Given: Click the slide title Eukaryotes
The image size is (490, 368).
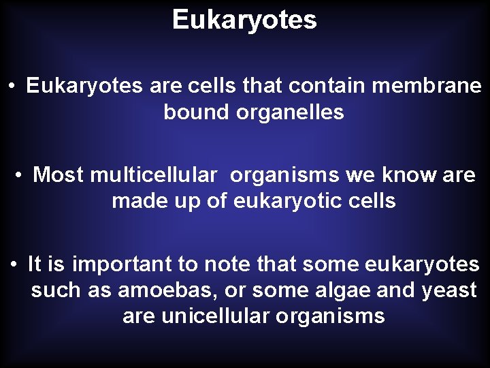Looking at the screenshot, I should [244, 20].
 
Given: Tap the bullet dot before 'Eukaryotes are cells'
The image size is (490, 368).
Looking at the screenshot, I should [13, 87].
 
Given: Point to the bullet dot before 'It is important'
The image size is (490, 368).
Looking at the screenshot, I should [14, 264].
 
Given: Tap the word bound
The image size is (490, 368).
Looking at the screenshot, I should [196, 112].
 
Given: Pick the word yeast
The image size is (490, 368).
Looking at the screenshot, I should [449, 290].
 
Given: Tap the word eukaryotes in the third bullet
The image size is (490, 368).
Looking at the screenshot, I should [422, 264].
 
